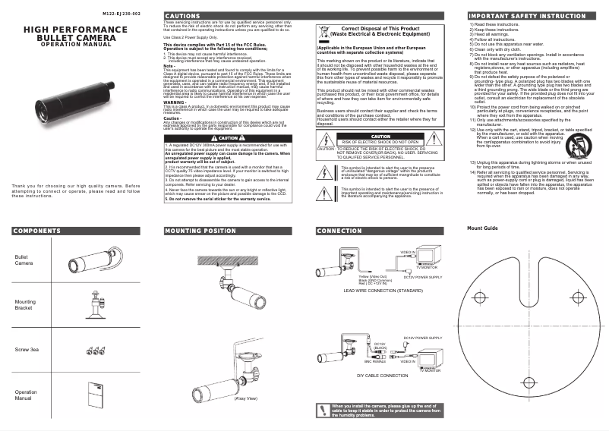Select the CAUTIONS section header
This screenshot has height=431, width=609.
(182, 16)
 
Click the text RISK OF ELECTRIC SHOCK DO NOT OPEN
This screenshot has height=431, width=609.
(380, 142)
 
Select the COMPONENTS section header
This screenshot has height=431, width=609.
(36, 231)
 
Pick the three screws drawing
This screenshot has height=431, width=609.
(95, 351)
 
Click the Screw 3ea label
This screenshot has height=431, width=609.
(27, 350)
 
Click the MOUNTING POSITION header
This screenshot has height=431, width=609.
(200, 231)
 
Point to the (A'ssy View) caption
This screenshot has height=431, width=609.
(246, 398)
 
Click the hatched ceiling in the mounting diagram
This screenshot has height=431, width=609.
(228, 256)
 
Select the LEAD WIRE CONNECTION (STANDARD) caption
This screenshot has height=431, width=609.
(383, 291)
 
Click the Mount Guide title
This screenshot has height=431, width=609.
(482, 228)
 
